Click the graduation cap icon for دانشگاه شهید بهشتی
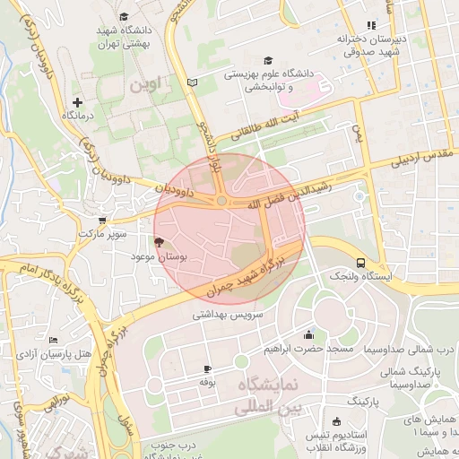pos(123,16)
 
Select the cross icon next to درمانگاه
pos(78,103)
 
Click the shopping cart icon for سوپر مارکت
pos(102,220)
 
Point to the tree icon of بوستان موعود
pos(159,242)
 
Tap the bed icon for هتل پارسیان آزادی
pos(53,341)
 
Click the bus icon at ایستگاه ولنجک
pos(359,263)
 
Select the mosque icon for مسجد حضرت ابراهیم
pos(309,333)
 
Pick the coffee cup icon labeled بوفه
pos(208,368)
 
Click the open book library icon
pos(192,82)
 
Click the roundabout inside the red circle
pos(221,201)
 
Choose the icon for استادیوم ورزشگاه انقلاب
pos(336,422)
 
